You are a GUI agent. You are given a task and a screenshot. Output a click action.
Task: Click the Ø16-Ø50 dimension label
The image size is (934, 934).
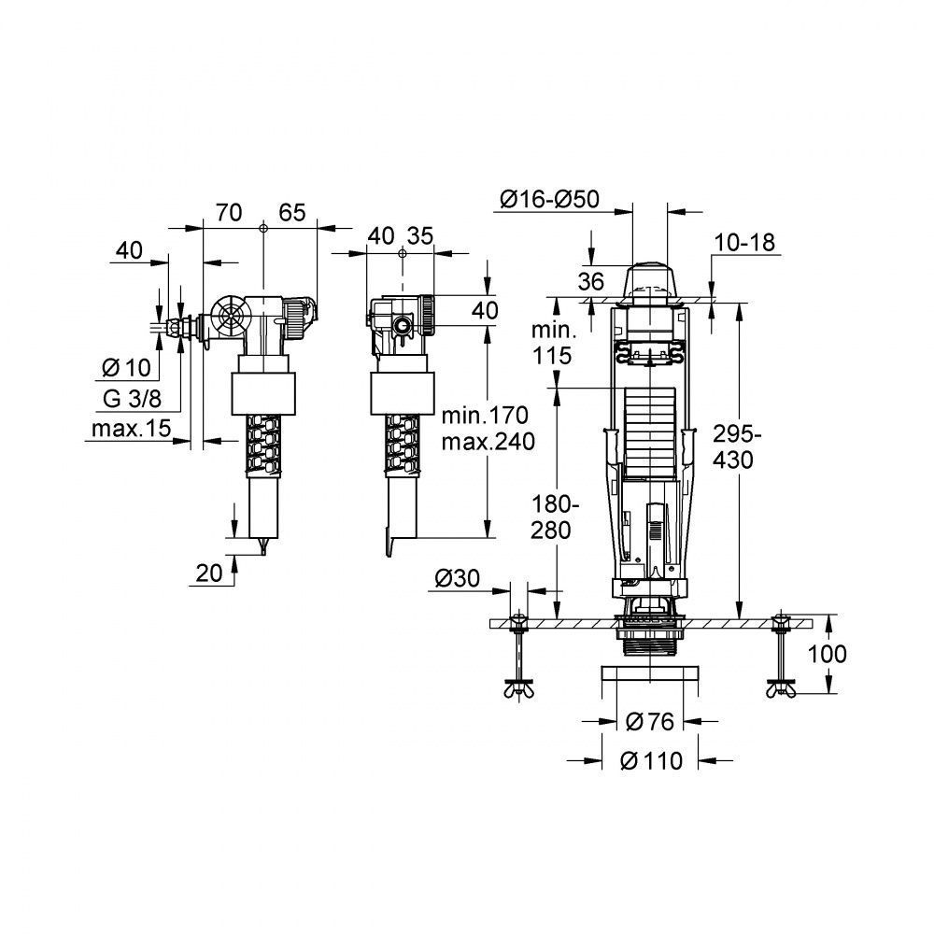pos(550,199)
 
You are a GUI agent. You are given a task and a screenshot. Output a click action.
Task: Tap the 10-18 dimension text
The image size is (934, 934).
pos(744,243)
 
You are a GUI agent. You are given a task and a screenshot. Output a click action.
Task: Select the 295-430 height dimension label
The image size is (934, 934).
pos(738,447)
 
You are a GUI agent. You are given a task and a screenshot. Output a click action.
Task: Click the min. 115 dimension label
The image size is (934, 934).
pos(552,343)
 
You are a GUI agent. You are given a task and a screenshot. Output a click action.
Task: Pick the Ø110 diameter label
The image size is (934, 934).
pos(651,760)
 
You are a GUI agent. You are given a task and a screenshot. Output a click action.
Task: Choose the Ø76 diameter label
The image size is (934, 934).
pos(650,722)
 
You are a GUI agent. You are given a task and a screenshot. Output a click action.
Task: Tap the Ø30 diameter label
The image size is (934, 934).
pos(457,578)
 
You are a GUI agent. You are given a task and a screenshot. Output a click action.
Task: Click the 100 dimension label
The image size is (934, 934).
pos(827,654)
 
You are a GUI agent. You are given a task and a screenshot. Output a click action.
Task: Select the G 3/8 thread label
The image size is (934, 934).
pos(132,399)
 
